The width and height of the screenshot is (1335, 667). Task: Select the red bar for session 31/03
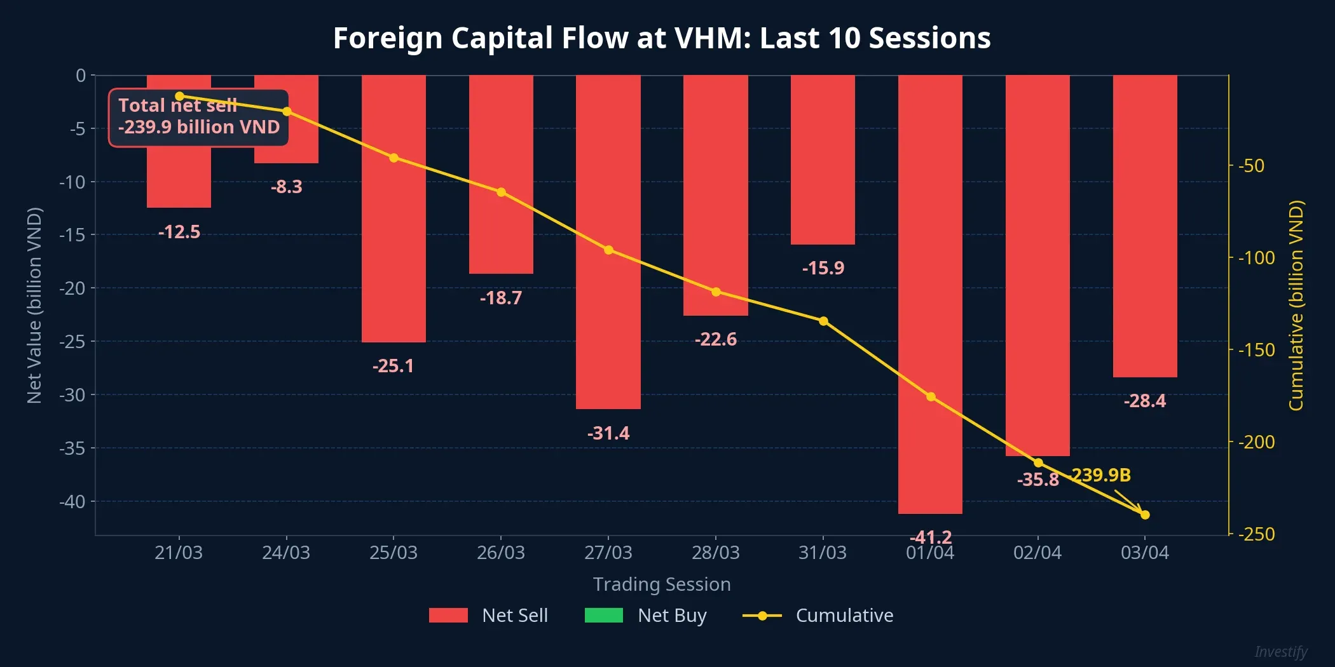coord(823,159)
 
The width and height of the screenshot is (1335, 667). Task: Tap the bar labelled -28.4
coord(1145,226)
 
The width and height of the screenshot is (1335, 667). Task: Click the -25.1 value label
coord(393,366)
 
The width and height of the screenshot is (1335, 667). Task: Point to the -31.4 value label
coord(608,433)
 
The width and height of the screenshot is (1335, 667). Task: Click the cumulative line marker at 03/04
coord(1145,515)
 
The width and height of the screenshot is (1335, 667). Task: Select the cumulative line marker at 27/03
coord(608,250)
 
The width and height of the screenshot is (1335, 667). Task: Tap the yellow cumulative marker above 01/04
coord(931,396)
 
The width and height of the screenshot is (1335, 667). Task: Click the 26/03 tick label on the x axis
coord(501,553)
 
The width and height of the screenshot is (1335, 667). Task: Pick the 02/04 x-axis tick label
coord(1037,553)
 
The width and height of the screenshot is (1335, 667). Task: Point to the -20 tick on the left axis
coord(72,288)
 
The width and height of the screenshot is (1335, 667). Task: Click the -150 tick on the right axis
coord(1256,350)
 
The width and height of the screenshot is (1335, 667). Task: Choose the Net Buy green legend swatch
coord(603,615)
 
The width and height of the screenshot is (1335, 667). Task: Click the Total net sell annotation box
coord(198,118)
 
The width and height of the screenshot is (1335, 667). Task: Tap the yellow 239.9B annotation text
coord(1101,475)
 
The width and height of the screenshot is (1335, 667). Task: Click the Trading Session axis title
coord(662,584)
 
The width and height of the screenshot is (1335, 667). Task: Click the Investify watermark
coord(1280,652)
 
